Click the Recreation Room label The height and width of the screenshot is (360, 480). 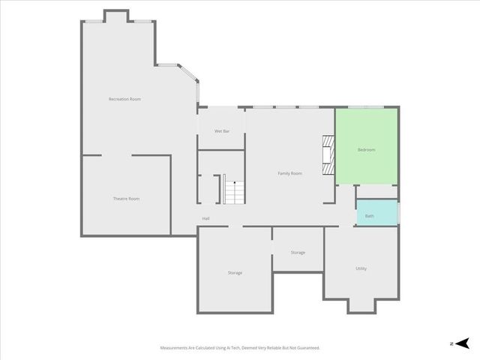tap(124, 99)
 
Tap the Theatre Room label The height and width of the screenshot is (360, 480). tap(126, 199)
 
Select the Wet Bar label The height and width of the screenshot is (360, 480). tap(221, 131)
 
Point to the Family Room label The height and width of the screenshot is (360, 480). tap(289, 173)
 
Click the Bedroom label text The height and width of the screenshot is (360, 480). tap(366, 150)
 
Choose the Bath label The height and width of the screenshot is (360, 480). tap(369, 216)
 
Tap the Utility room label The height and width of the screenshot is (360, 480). tap(361, 268)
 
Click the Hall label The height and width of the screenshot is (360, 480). tap(205, 218)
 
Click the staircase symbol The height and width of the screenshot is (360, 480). tap(234, 192)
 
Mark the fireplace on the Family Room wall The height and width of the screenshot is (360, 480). tap(327, 154)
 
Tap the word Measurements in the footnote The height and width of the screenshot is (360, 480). tap(175, 348)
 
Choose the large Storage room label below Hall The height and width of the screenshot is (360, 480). tap(235, 272)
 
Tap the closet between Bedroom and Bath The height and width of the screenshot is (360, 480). tap(376, 192)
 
